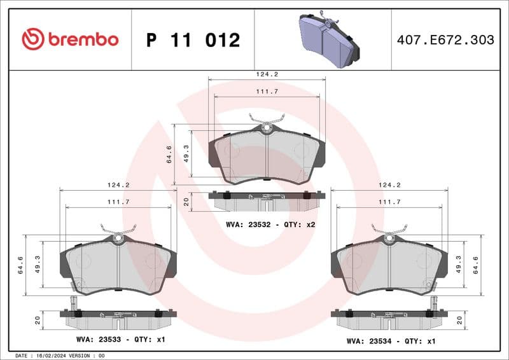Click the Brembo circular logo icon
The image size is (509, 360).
[32, 39]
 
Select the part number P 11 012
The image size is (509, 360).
[193, 40]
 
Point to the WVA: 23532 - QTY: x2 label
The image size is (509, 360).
[270, 225]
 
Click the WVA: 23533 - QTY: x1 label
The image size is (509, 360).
[120, 340]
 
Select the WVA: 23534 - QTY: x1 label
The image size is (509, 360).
[391, 340]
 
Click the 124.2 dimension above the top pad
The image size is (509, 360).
[267, 74]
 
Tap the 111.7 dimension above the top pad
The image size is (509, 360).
[267, 92]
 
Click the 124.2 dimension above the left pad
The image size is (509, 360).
[119, 185]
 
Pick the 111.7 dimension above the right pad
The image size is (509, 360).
[389, 202]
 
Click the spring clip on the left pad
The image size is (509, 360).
[118, 230]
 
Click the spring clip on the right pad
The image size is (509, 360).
[388, 230]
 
